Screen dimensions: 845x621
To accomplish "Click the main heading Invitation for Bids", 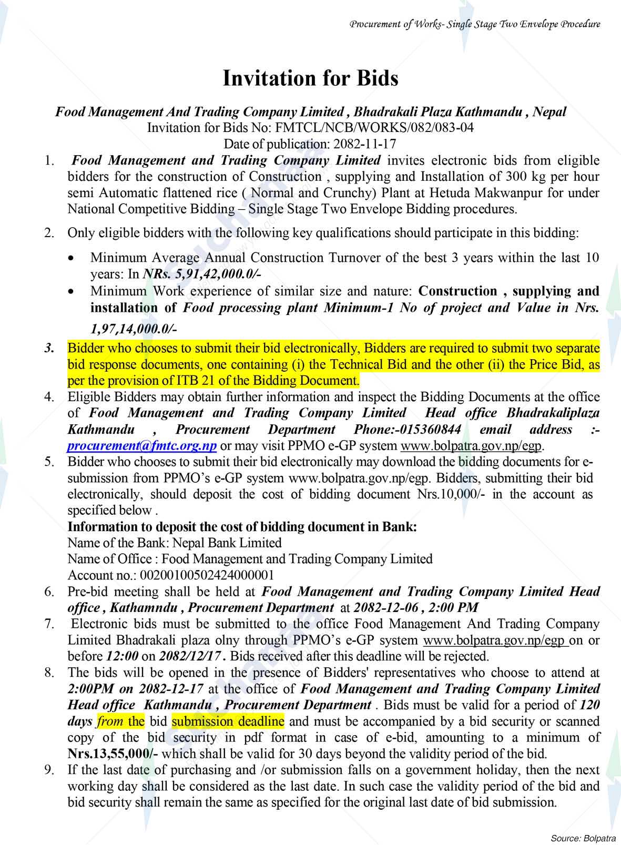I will [310, 78].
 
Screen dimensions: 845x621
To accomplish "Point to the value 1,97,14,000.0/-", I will [134, 329].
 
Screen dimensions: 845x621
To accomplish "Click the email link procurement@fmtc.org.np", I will [142, 446].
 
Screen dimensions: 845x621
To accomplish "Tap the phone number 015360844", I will [430, 430].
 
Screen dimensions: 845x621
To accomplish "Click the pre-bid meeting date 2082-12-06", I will [386, 608].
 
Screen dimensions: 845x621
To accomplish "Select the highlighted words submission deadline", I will [228, 721].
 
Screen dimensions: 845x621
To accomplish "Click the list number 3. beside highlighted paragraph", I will [49, 348].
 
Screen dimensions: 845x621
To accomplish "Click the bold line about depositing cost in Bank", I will [242, 527].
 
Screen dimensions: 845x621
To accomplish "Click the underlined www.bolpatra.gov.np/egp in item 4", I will [471, 446].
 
